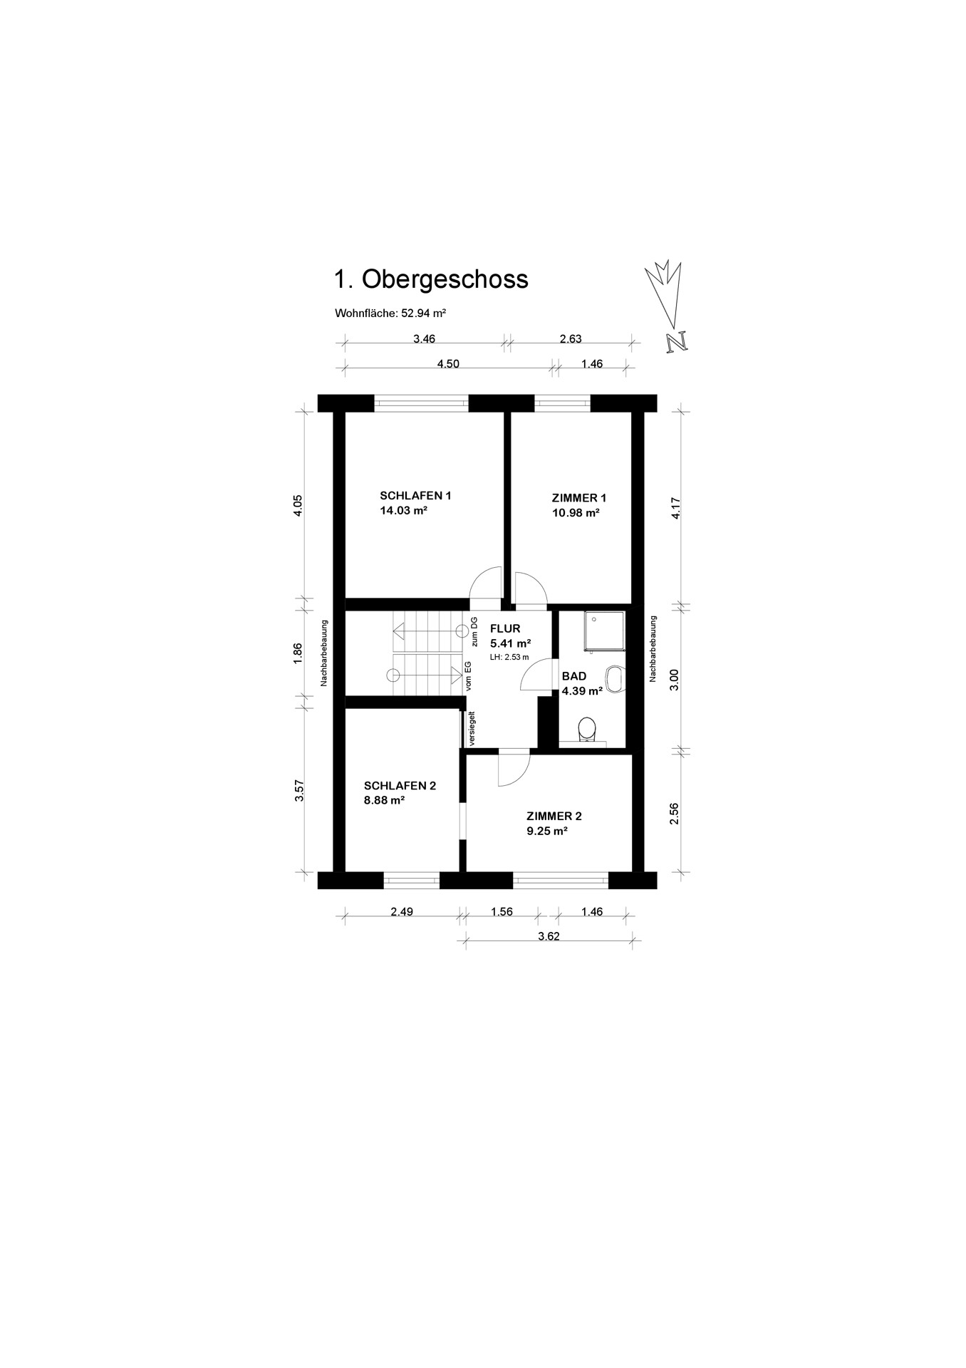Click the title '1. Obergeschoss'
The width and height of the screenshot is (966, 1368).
[x=431, y=279]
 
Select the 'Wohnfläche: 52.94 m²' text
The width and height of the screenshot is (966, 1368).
[x=390, y=313]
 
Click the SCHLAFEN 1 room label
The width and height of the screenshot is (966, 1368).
[x=415, y=496]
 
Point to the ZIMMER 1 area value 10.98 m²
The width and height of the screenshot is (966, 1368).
[x=576, y=513]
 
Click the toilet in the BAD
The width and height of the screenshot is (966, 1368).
[x=587, y=729]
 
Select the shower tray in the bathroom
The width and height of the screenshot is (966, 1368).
[x=604, y=632]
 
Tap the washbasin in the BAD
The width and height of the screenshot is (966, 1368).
[x=613, y=679]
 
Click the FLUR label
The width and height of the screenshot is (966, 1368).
[x=505, y=628]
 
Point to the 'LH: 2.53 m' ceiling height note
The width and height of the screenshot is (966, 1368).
[x=509, y=657]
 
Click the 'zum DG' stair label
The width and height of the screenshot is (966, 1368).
[x=474, y=632]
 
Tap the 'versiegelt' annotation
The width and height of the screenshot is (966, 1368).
[x=472, y=728]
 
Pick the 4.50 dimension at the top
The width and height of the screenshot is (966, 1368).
[x=448, y=364]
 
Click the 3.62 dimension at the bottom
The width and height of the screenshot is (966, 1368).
[x=549, y=936]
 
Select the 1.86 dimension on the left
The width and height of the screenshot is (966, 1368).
[x=298, y=654]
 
